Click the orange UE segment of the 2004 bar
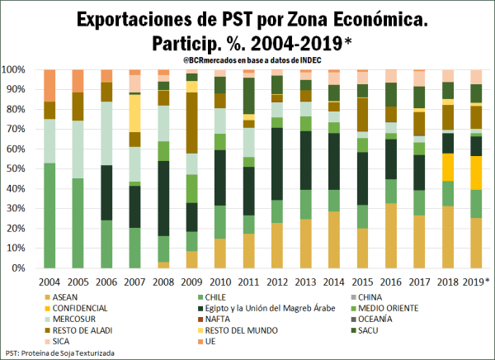point(49,85)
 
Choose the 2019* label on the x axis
point(477,282)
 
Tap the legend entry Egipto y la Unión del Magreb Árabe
point(262,307)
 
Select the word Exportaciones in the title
point(151,17)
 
